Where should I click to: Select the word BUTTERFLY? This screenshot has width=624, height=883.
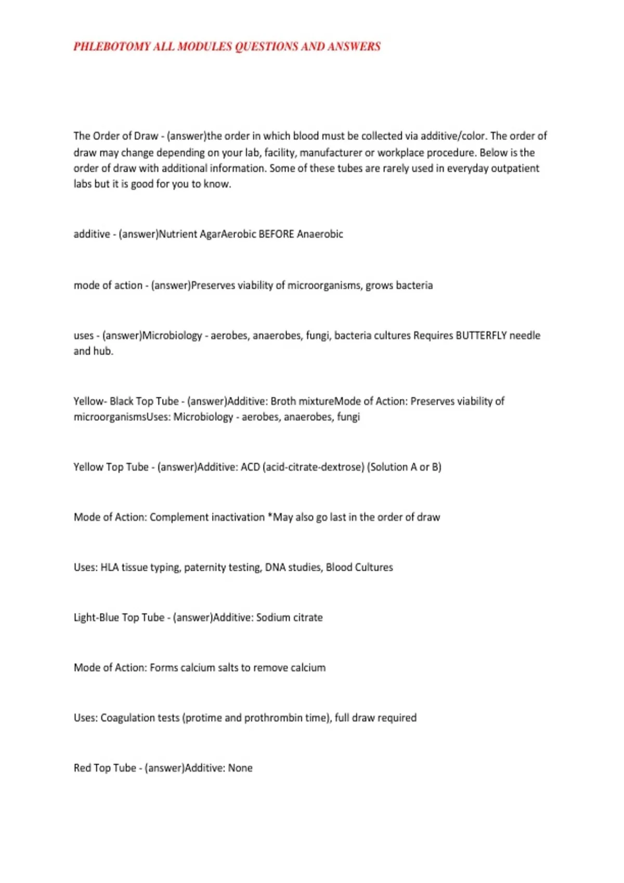pos(481,336)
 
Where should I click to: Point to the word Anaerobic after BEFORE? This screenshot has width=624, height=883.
pos(320,234)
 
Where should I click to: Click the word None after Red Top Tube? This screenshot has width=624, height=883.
pos(240,768)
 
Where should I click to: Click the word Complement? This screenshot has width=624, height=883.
pos(180,517)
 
